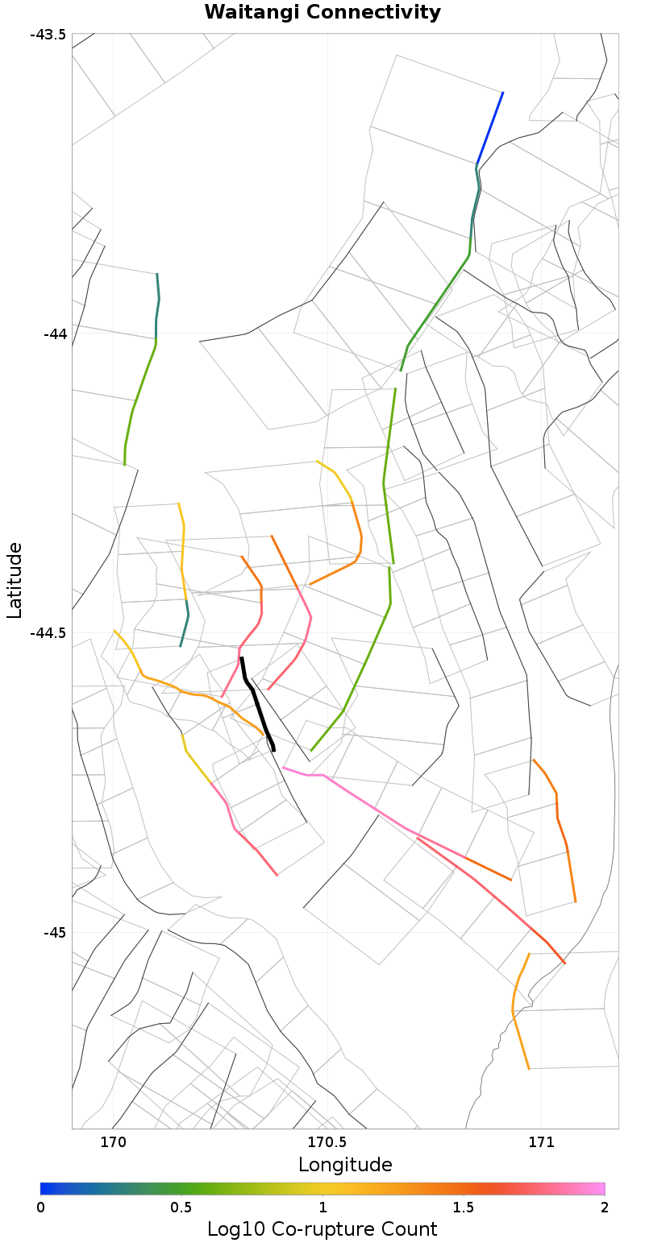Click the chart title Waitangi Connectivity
click(322, 12)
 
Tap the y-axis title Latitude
click(15, 580)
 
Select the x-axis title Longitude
click(345, 1164)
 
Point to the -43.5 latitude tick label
click(48, 34)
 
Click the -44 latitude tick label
click(53, 333)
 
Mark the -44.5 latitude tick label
click(48, 633)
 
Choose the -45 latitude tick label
click(53, 933)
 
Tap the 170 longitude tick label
click(113, 1141)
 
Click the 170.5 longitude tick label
click(327, 1141)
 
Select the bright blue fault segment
click(489, 129)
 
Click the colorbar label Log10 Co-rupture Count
click(322, 1229)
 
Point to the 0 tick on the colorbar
click(40, 1208)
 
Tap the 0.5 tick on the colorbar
click(181, 1208)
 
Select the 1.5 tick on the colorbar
click(464, 1208)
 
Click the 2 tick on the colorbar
click(604, 1208)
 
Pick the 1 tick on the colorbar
click(322, 1208)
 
